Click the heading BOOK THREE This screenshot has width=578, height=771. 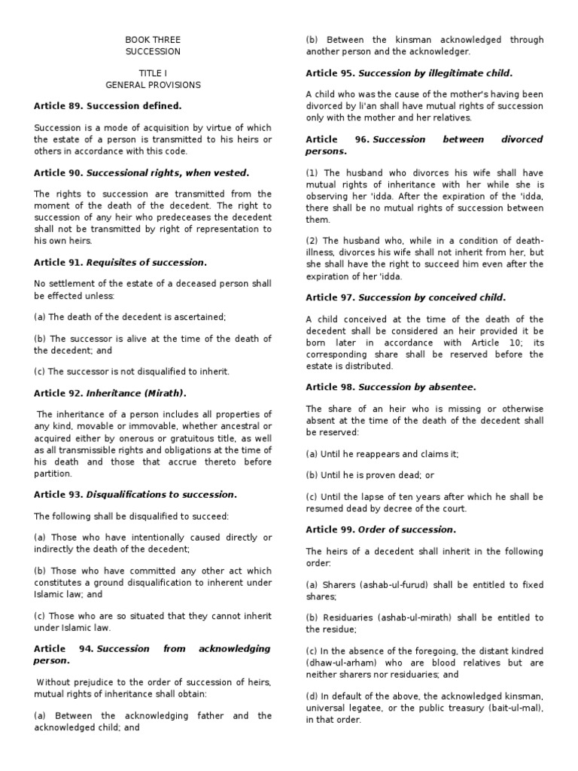coord(153,40)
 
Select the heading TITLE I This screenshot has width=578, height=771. coord(153,74)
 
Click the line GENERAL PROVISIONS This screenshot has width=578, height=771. coord(153,85)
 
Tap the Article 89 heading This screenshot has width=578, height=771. coord(108,106)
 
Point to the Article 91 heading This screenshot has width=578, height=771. coord(120,262)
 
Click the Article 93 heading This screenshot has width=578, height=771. coord(135,495)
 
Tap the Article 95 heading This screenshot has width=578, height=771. coord(409,73)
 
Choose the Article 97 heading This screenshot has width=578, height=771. coord(406,297)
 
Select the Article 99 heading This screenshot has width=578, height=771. coord(381,529)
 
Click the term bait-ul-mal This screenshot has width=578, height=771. coord(504,708)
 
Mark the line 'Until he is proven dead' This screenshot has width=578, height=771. coord(370,475)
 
